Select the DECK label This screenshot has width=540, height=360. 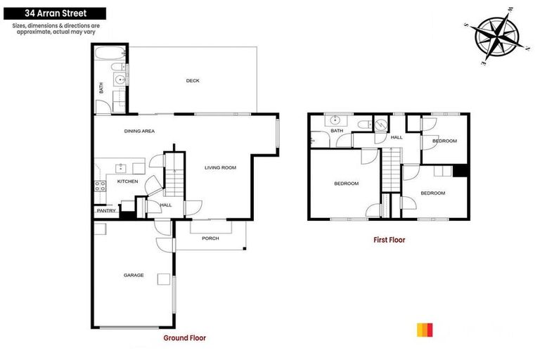click(x=193, y=81)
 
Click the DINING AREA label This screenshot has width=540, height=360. click(x=139, y=131)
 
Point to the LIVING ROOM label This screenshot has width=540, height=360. click(x=220, y=167)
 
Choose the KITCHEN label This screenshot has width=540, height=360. click(x=127, y=182)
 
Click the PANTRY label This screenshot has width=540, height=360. click(x=106, y=210)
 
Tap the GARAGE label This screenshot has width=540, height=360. click(x=134, y=275)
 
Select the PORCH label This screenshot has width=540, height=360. click(x=210, y=238)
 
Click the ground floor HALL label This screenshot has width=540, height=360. click(x=166, y=205)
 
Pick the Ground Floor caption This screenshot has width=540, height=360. click(x=184, y=338)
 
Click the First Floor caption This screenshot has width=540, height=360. click(x=389, y=240)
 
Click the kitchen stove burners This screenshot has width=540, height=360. click(x=100, y=186)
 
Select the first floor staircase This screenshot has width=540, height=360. click(x=391, y=169)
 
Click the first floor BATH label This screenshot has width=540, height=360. click(x=337, y=131)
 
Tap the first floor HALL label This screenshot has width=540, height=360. click(x=397, y=137)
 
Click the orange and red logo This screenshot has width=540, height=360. click(x=425, y=329)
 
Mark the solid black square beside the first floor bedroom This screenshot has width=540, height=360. click(x=461, y=171)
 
